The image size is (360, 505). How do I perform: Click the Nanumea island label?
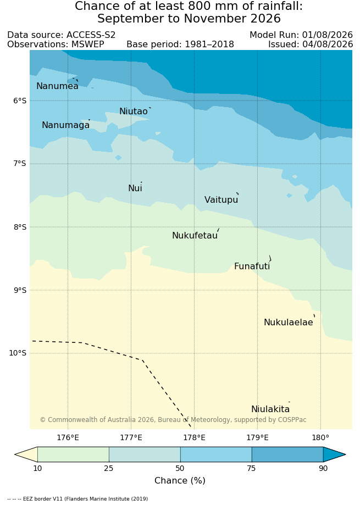tap(57, 86)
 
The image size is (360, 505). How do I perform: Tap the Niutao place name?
tap(134, 111)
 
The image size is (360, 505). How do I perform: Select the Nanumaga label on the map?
tap(66, 125)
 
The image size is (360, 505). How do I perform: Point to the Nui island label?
tap(135, 188)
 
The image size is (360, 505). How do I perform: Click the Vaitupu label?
tap(221, 200)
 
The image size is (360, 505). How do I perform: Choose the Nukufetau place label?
tap(195, 235)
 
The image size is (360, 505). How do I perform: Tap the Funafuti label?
tap(252, 267)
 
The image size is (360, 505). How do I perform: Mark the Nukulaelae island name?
tap(289, 323)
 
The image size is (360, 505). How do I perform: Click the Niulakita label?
tap(270, 409)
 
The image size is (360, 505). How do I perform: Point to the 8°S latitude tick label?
tap(20, 227)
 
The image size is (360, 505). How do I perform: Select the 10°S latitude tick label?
tap(18, 353)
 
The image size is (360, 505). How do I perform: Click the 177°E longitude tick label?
tap(131, 438)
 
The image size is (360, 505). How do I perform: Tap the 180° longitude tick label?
tap(321, 438)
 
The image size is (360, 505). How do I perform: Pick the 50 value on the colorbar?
tap(180, 468)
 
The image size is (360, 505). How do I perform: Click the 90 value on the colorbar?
tap(323, 468)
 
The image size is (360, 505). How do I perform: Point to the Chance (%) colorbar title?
tap(180, 480)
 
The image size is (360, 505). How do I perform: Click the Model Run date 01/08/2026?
tap(328, 35)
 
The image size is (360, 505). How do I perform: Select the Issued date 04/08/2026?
tap(328, 44)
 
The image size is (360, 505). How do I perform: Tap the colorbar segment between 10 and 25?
tap(73, 455)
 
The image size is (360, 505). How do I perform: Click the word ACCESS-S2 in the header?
tap(91, 35)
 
